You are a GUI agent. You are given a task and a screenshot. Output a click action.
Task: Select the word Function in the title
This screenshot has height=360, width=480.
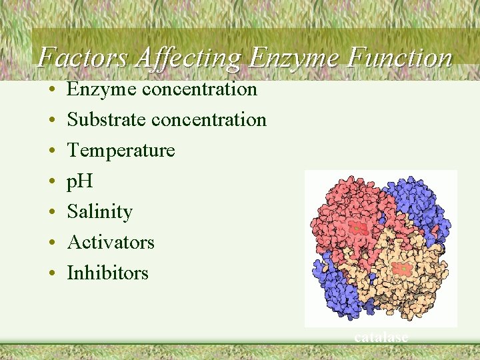pos(399,58)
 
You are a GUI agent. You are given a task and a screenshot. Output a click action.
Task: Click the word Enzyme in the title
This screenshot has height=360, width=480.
pos(295,58)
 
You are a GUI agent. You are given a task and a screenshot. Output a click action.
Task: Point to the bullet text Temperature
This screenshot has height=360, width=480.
pos(121,151)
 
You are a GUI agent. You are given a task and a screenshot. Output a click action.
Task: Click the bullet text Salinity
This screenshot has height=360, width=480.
pos(99,212)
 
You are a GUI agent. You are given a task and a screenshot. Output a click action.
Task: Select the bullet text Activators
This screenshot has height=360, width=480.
pos(111,242)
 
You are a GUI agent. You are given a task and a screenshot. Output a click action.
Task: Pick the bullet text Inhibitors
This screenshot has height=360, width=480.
pos(107,273)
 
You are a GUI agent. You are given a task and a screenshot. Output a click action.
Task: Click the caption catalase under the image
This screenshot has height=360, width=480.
pos(381,337)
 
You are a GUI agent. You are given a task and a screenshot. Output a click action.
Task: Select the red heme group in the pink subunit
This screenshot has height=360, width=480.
pos(358,228)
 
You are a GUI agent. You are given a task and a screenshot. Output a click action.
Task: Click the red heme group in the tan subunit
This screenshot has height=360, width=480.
pos(402,269)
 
